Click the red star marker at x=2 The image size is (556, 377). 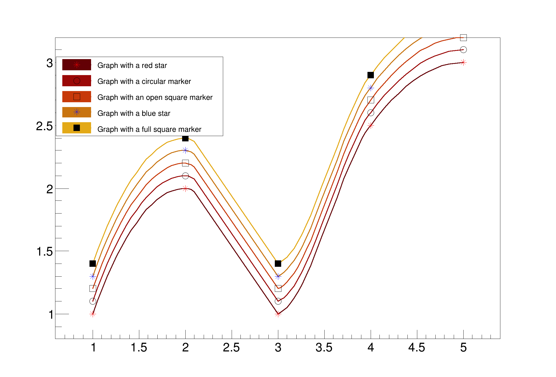(x=185, y=188)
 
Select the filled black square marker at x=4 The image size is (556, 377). (x=371, y=75)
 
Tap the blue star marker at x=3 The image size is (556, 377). (x=278, y=276)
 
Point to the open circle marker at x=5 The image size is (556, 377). (x=463, y=50)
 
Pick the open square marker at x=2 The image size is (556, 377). (x=185, y=163)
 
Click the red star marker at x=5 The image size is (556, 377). (x=463, y=63)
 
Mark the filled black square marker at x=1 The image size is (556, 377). (x=93, y=264)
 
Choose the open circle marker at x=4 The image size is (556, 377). (x=371, y=113)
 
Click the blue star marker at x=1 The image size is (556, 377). (x=93, y=276)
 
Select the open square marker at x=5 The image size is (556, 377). (x=463, y=38)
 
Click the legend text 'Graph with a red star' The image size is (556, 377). (x=132, y=65)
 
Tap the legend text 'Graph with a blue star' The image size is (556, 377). (x=134, y=113)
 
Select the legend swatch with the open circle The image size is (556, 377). (x=77, y=81)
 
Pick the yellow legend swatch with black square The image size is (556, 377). (x=77, y=128)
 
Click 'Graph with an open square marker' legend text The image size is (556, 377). (x=155, y=97)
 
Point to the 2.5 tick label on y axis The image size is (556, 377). (x=44, y=126)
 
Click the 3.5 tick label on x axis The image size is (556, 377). (x=324, y=348)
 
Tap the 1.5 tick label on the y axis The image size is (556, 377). (x=44, y=252)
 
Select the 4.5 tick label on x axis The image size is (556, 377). (x=417, y=348)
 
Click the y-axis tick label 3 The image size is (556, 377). (x=50, y=63)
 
